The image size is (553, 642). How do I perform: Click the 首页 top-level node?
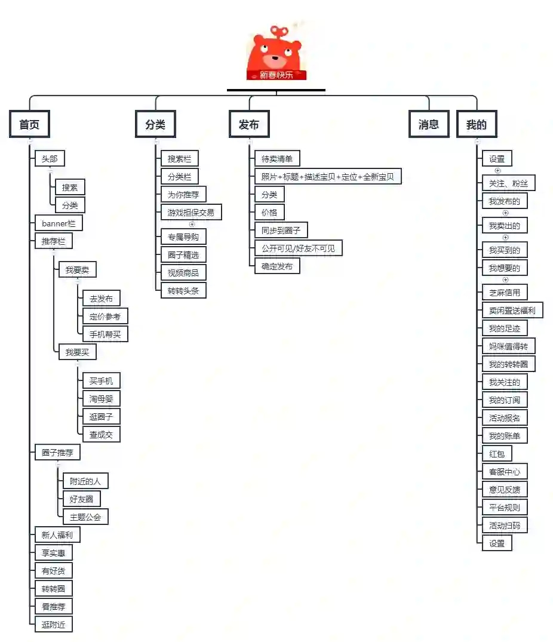click(x=29, y=125)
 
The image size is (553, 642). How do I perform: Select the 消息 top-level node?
click(x=429, y=124)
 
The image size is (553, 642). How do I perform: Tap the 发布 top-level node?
click(x=249, y=125)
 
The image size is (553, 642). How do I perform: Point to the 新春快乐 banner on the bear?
click(x=276, y=75)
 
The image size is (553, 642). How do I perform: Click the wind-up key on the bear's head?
click(x=279, y=30)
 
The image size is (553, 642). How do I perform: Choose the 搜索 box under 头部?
click(x=70, y=188)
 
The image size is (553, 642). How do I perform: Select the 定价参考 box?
click(x=105, y=317)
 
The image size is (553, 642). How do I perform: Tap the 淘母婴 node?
click(x=102, y=399)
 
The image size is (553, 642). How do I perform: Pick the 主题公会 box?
click(x=85, y=517)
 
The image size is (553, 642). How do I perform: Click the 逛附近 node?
click(x=54, y=625)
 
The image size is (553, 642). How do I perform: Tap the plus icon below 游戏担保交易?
click(x=192, y=225)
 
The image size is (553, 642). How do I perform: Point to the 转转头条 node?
click(x=183, y=291)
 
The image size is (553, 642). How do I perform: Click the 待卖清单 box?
click(x=277, y=159)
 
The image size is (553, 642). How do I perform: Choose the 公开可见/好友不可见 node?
click(x=299, y=248)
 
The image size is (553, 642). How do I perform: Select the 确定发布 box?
click(x=277, y=266)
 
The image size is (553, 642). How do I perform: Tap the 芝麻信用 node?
click(x=505, y=293)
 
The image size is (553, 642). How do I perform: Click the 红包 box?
click(x=497, y=454)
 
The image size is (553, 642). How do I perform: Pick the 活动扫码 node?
click(x=505, y=526)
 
